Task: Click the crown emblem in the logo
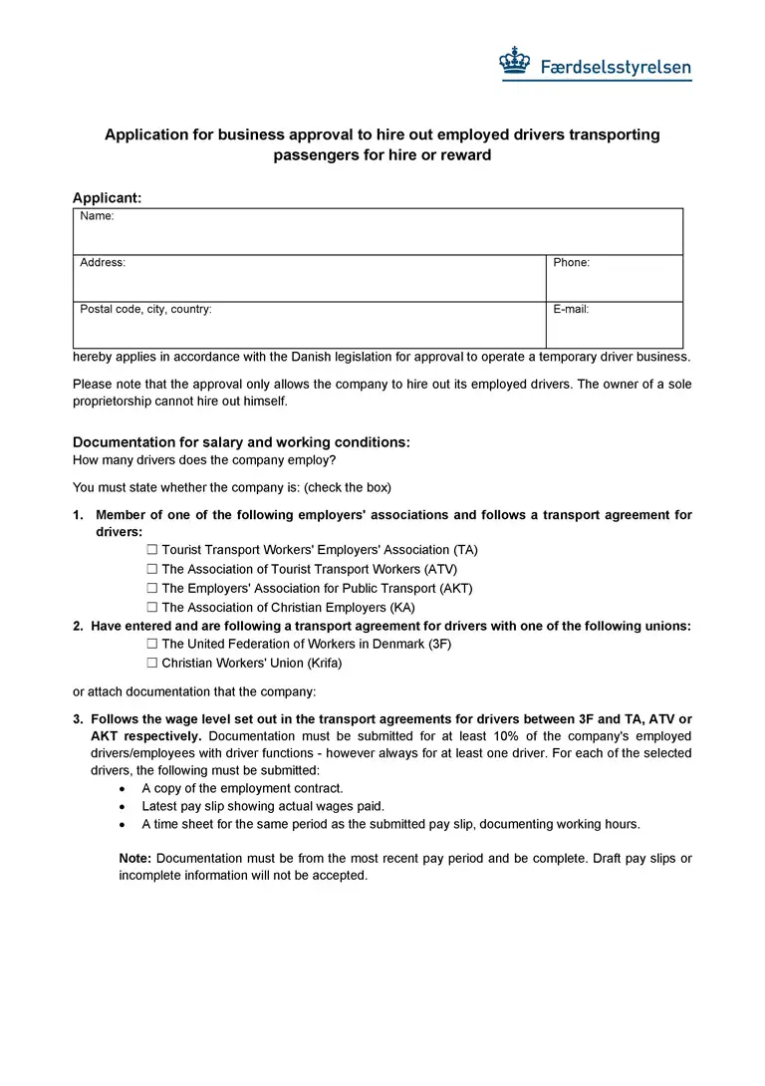tap(514, 62)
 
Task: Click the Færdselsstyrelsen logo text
tap(616, 68)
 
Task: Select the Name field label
tap(97, 216)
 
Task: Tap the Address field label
tap(103, 263)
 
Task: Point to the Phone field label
tap(572, 263)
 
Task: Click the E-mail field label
tap(572, 310)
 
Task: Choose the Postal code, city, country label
tap(145, 310)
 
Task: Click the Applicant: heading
tap(107, 198)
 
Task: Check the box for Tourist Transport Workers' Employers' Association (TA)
tap(152, 550)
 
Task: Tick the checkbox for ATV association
tap(152, 569)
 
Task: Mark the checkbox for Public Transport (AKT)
tap(152, 589)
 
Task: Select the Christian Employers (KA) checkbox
tap(152, 608)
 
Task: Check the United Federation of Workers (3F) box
tap(152, 645)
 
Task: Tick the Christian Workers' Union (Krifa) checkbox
tap(152, 664)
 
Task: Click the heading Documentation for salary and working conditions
tap(241, 442)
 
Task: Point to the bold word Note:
tap(134, 859)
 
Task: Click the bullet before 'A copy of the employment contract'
tap(122, 789)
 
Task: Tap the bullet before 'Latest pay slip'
tap(122, 807)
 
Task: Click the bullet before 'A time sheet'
tap(122, 825)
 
